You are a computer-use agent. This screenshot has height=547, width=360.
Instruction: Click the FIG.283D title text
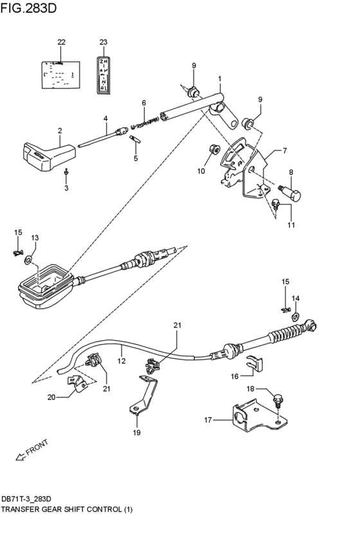28,8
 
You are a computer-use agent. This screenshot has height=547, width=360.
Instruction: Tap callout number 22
62,42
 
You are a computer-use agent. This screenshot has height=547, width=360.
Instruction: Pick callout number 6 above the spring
144,103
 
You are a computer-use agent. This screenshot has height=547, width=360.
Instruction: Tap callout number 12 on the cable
122,361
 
